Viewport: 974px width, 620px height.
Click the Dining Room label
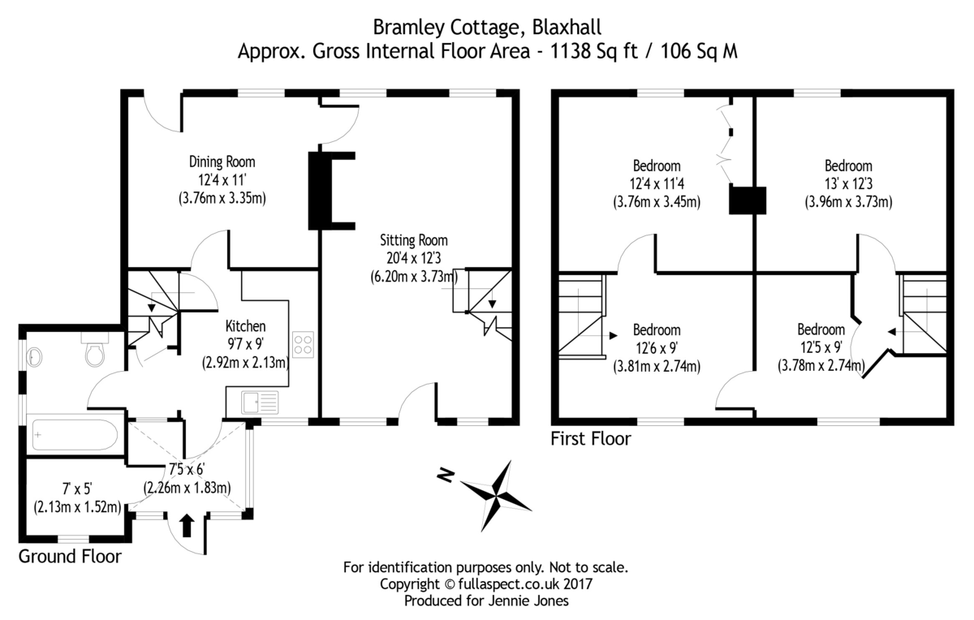tap(222, 162)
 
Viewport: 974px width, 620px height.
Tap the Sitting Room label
tap(413, 240)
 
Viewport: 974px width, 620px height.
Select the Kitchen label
tap(245, 326)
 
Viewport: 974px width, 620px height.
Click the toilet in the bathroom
tap(94, 349)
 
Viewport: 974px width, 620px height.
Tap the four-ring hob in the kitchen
tap(303, 345)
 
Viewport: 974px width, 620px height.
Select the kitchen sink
tap(260, 403)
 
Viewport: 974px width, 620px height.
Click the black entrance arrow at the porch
tap(187, 525)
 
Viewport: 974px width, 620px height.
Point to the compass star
tap(496, 496)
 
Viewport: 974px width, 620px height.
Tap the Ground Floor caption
tap(70, 557)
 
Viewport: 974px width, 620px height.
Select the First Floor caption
tap(591, 439)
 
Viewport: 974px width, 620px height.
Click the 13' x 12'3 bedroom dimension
tap(848, 184)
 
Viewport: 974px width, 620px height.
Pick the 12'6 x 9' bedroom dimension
tap(657, 348)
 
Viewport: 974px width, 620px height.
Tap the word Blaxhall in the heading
tap(567, 27)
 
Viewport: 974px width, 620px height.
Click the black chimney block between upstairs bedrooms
tap(748, 200)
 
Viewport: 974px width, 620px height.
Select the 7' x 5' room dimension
tap(77, 489)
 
